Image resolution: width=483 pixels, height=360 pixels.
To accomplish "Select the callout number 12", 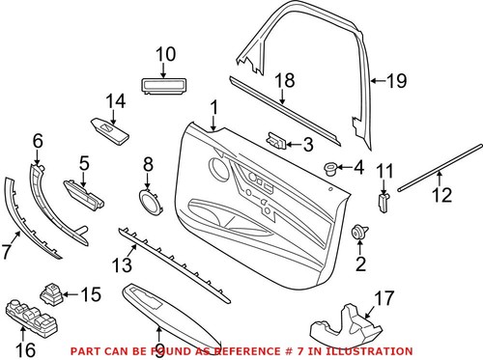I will click(440, 197).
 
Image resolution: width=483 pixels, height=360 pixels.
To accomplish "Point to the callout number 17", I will click(384, 299).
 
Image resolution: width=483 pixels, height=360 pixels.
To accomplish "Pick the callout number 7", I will click(9, 251).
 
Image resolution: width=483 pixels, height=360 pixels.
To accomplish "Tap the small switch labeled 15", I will click(53, 291).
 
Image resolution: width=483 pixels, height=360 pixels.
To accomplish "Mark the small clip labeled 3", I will click(276, 140).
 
